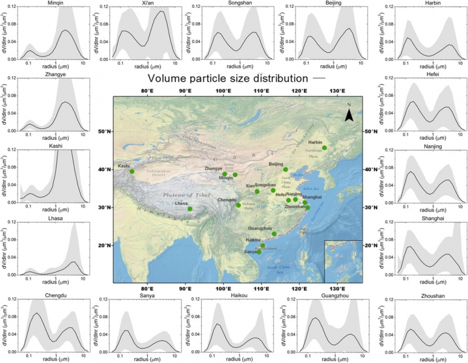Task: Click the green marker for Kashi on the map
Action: click(132, 171)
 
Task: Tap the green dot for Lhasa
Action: click(190, 209)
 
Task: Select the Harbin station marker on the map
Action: click(325, 148)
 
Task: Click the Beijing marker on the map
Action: click(286, 169)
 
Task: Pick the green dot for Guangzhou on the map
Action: click(274, 234)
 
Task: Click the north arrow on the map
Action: click(349, 114)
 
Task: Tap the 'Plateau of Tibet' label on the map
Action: click(187, 195)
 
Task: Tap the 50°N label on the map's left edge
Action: click(107, 131)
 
